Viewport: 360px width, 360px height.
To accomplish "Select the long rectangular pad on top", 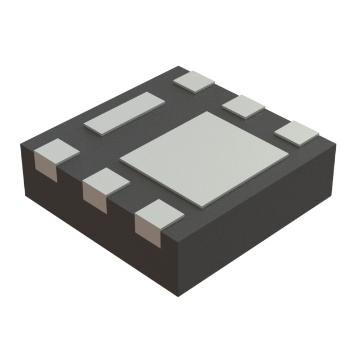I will (124, 113).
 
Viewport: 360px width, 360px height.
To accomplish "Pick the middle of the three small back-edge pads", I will (244, 105).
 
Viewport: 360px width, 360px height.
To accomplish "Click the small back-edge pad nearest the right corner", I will (296, 133).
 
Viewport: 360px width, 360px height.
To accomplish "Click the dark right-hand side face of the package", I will (259, 225).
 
